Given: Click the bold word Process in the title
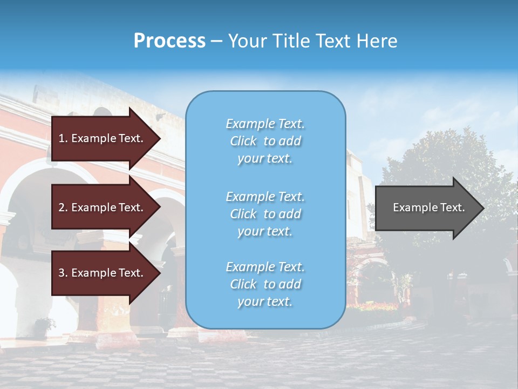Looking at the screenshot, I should tap(169, 41).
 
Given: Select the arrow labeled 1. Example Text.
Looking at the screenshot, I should tap(103, 138).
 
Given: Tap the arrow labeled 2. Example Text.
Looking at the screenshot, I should tap(103, 207).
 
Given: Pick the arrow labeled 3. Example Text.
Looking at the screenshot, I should tap(103, 273).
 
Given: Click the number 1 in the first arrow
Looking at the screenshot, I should tap(62, 138).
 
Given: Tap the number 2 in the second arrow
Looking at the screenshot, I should tap(62, 207).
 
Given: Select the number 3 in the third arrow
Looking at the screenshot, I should tap(62, 273).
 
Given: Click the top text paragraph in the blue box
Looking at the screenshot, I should tap(265, 141).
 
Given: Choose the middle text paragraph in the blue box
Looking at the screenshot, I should tap(265, 214).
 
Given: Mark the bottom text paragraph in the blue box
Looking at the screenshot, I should tap(265, 284).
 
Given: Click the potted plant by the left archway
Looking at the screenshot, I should tap(43, 326).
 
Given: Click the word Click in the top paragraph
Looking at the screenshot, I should tap(243, 141).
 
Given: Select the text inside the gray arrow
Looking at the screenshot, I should tap(428, 207).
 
